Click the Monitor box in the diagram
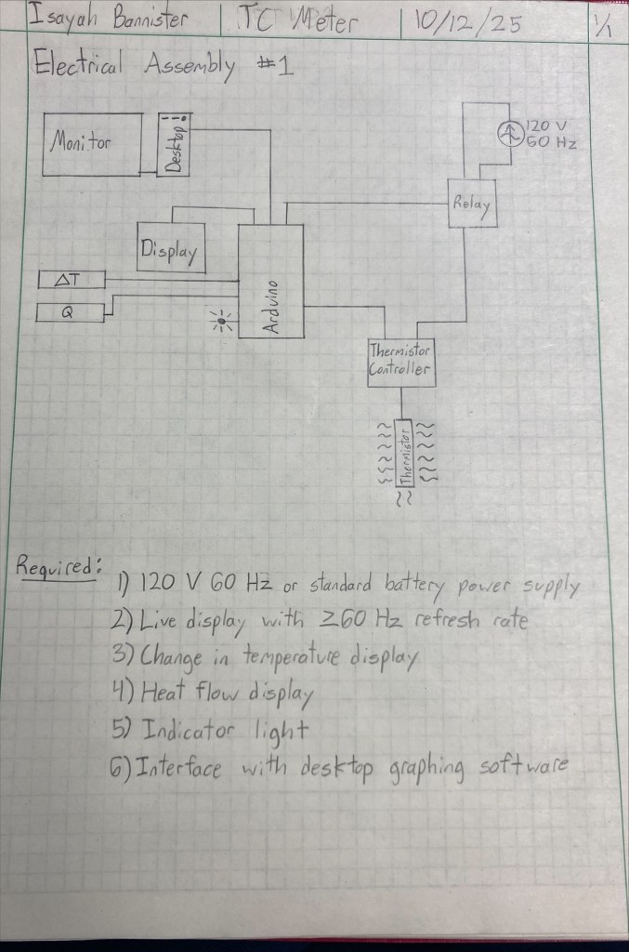pyautogui.click(x=92, y=144)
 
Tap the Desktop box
pyautogui.click(x=174, y=144)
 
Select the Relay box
pyautogui.click(x=472, y=202)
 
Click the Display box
pyautogui.click(x=170, y=247)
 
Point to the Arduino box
pyautogui.click(x=270, y=281)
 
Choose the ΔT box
pyautogui.click(x=71, y=280)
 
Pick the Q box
pyautogui.click(x=70, y=313)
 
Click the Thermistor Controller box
pyautogui.click(x=401, y=362)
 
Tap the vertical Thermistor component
pyautogui.click(x=403, y=452)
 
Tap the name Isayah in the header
pyautogui.click(x=57, y=16)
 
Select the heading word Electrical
pyautogui.click(x=85, y=67)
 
